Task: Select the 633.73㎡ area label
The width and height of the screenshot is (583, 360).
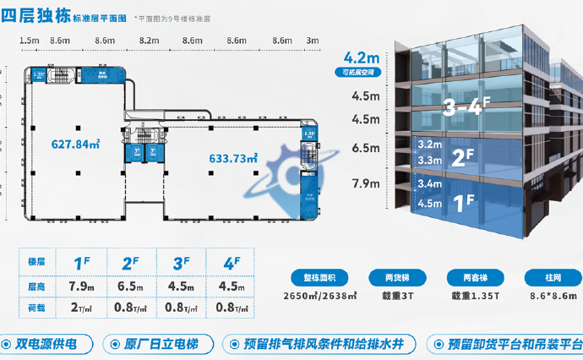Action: [232, 158]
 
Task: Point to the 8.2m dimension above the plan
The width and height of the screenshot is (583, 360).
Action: [149, 41]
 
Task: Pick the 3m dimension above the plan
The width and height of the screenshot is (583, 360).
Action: [312, 41]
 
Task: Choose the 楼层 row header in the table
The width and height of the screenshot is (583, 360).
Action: [35, 263]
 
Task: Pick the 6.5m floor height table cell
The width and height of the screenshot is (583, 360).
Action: [128, 285]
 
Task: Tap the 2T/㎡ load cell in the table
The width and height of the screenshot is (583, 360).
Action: [81, 307]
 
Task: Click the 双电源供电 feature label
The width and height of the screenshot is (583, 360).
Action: [46, 344]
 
